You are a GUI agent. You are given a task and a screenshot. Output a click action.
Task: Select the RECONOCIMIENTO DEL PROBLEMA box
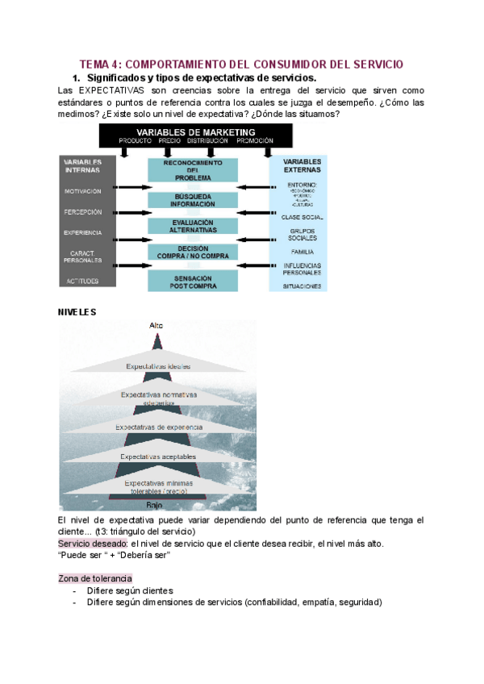[193, 169]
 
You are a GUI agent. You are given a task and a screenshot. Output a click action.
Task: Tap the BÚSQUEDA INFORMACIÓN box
[193, 199]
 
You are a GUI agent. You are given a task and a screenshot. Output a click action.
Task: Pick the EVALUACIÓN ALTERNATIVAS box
[193, 226]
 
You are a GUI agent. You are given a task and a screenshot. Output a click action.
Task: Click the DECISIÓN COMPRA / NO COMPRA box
[193, 252]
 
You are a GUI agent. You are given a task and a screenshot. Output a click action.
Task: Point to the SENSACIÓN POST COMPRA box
[193, 280]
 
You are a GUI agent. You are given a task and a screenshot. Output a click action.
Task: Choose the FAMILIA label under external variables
[302, 252]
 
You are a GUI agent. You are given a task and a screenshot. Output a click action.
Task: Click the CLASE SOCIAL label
[302, 218]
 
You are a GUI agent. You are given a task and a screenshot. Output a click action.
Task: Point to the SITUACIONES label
[302, 286]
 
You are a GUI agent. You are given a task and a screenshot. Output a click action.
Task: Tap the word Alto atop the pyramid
[156, 325]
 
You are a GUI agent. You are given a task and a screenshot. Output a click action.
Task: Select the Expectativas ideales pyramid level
[158, 366]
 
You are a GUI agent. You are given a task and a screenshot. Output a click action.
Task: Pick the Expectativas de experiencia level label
[158, 427]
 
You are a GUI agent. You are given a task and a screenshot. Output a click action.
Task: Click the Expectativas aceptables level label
[158, 457]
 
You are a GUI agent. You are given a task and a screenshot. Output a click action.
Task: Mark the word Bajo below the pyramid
[155, 505]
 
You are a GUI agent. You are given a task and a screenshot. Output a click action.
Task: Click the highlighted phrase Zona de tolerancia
[95, 579]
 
